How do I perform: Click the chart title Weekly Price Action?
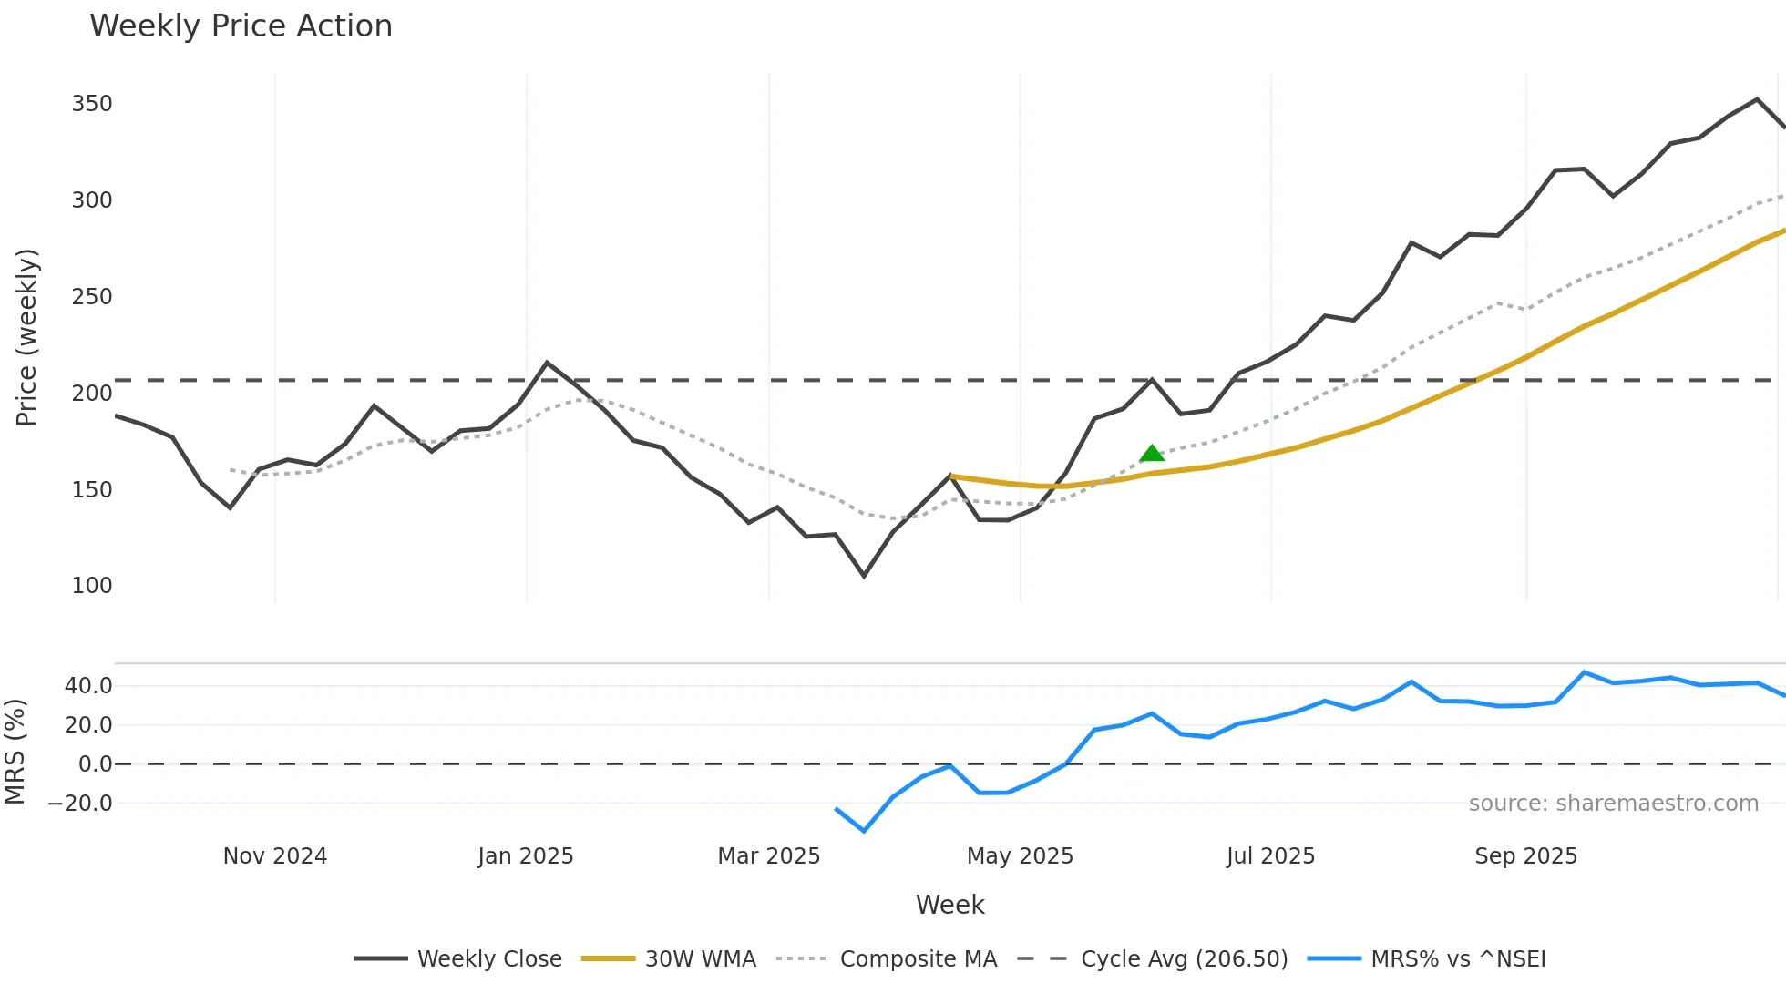pyautogui.click(x=241, y=26)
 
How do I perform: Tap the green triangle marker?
pyautogui.click(x=1152, y=454)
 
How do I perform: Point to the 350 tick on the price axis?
pyautogui.click(x=92, y=104)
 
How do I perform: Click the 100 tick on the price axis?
pyautogui.click(x=92, y=586)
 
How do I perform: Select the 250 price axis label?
pyautogui.click(x=92, y=297)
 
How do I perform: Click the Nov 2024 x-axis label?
pyautogui.click(x=275, y=856)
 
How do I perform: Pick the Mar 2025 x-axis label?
pyautogui.click(x=769, y=856)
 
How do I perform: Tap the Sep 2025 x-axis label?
pyautogui.click(x=1525, y=856)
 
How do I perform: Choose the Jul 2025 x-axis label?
pyautogui.click(x=1270, y=856)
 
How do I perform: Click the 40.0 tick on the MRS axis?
pyautogui.click(x=88, y=686)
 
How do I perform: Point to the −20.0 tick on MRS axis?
pyautogui.click(x=80, y=804)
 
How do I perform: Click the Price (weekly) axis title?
pyautogui.click(x=26, y=337)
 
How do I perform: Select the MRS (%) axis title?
pyautogui.click(x=15, y=752)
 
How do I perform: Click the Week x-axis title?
pyautogui.click(x=949, y=905)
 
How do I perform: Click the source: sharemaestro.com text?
pyautogui.click(x=1613, y=804)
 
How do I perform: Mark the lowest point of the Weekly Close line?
pyautogui.click(x=864, y=576)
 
